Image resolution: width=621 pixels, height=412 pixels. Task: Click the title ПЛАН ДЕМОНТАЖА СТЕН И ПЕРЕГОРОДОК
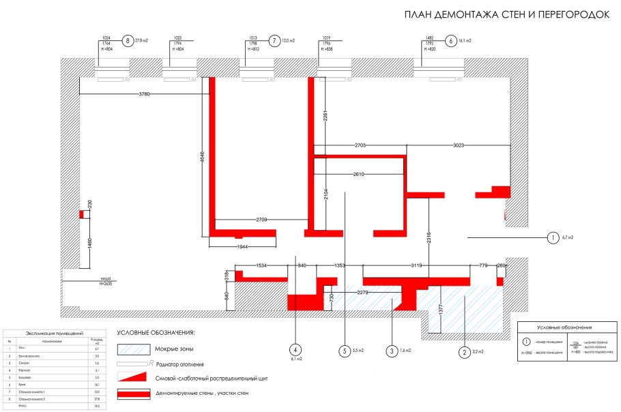tap(507, 15)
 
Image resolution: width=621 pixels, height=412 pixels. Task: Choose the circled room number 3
tap(392, 352)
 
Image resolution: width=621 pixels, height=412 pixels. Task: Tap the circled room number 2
tap(464, 352)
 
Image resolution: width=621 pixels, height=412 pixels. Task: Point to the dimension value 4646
tap(202, 156)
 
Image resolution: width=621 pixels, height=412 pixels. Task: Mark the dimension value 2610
tap(359, 175)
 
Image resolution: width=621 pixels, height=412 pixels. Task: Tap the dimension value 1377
tap(441, 309)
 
